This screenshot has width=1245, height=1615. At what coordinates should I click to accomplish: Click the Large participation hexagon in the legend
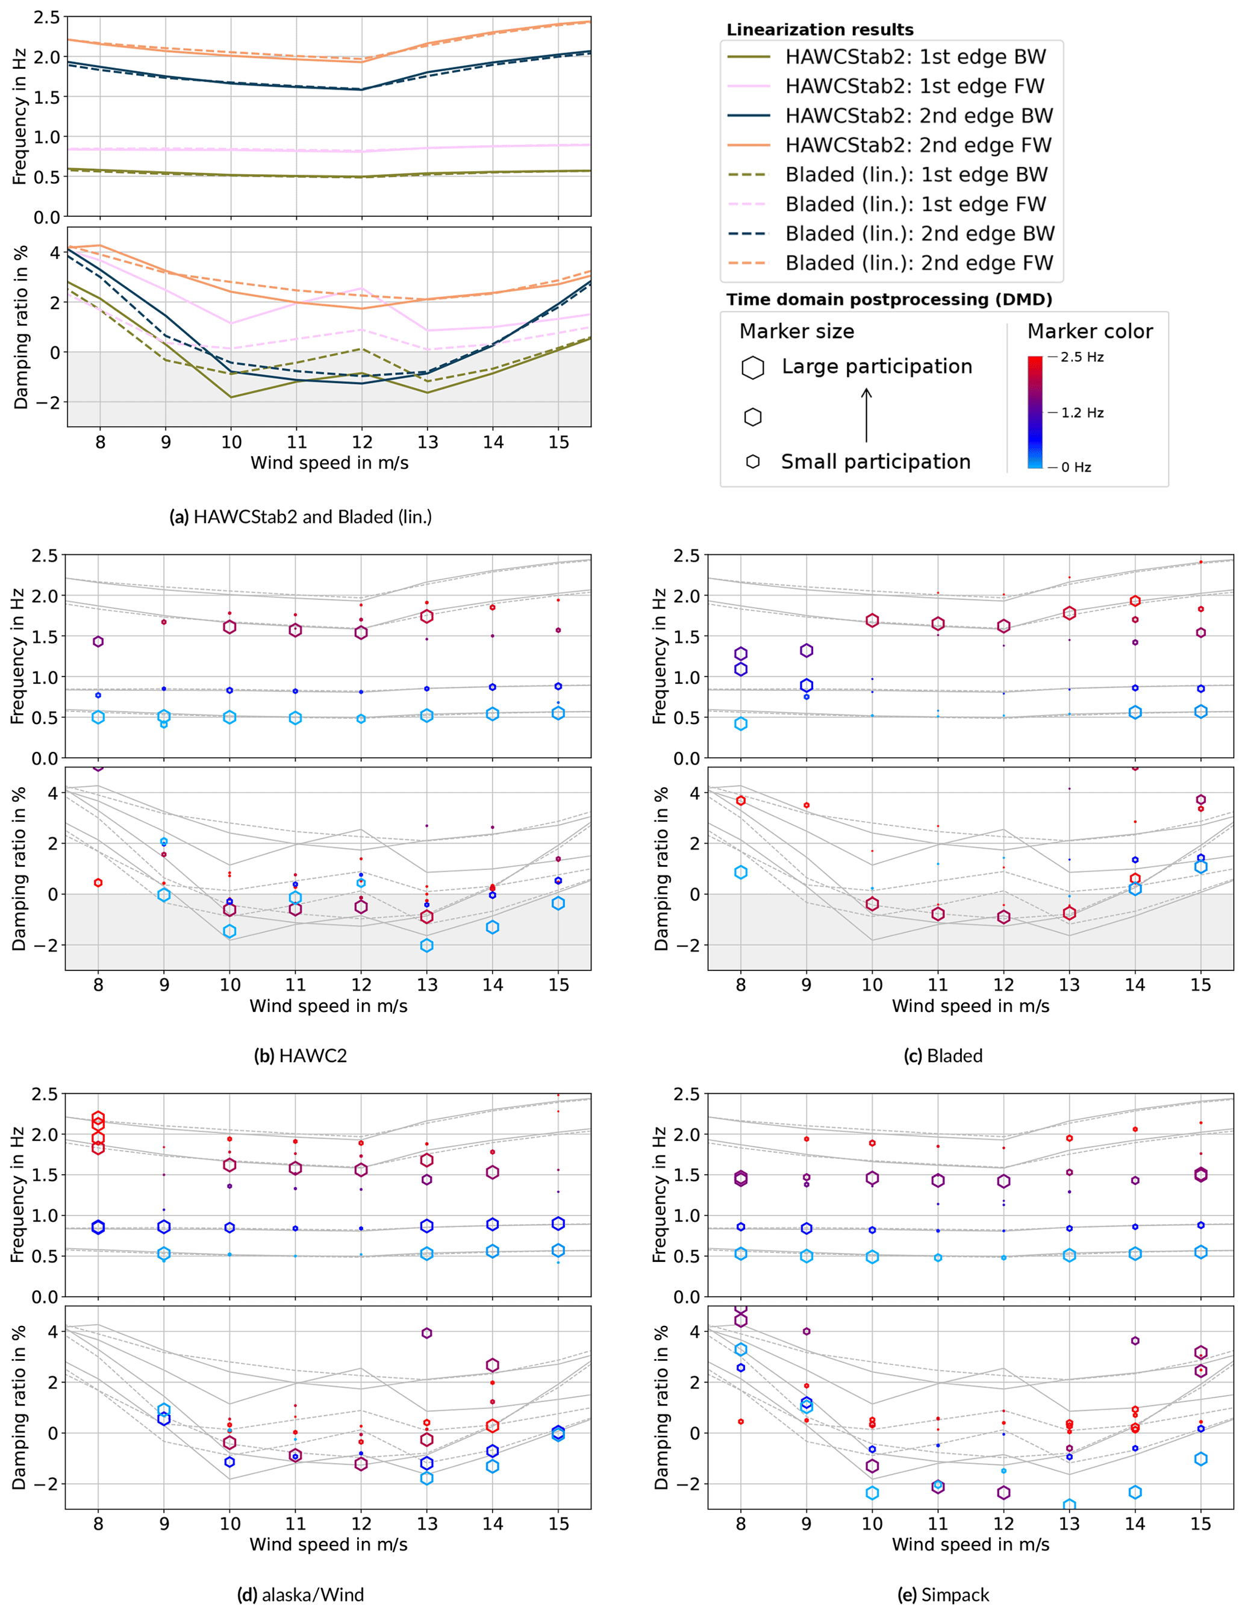[x=753, y=367]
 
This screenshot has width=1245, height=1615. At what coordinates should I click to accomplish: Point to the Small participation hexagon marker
[x=753, y=461]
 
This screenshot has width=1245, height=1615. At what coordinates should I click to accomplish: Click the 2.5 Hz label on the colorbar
[x=1082, y=357]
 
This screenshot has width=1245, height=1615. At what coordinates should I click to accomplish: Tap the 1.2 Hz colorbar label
[x=1082, y=413]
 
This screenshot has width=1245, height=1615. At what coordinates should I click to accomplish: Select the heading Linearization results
[x=820, y=30]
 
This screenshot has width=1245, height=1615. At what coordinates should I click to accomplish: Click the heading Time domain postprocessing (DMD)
[x=888, y=299]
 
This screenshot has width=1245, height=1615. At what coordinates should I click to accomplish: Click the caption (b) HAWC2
[x=300, y=1055]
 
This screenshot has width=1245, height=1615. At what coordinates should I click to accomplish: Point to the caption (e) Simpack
[x=943, y=1595]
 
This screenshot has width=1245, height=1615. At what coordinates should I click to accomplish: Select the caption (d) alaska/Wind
[x=300, y=1595]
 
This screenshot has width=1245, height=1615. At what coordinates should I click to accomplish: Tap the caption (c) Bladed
[x=943, y=1055]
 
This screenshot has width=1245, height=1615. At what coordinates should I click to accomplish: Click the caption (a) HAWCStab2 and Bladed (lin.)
[x=300, y=516]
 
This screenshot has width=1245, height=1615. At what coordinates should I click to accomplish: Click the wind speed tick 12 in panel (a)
[x=361, y=442]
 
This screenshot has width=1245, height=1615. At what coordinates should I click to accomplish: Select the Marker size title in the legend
[x=796, y=331]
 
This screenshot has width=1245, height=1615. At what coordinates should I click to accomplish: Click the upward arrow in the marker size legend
[x=867, y=415]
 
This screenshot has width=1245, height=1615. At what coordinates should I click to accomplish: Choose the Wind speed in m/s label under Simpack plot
[x=970, y=1544]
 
